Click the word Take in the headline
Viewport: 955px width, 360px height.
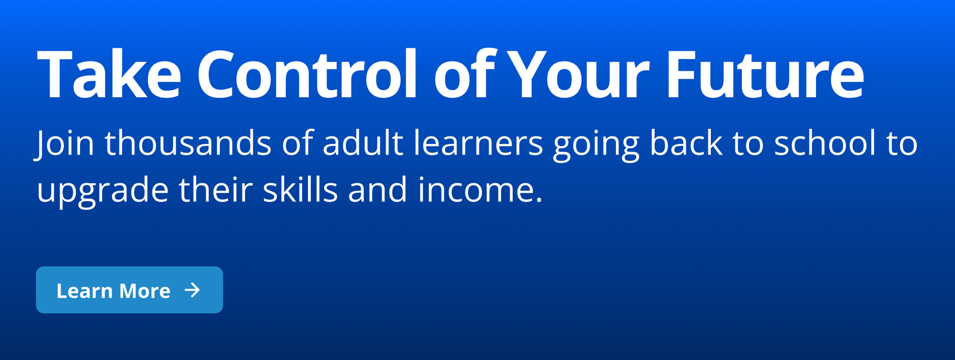109,74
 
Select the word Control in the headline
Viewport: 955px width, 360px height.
307,73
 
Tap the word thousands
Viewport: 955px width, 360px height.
188,143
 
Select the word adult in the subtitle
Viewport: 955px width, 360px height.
363,143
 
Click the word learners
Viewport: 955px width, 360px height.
478,143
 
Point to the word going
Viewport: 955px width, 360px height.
596,146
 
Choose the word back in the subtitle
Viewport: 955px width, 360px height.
686,143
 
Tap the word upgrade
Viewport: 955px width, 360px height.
103,192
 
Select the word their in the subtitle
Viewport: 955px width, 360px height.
215,189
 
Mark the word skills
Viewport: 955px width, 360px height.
301,189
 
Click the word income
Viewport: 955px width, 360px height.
480,189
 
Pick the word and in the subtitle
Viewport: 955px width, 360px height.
378,189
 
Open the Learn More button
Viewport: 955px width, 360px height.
130,290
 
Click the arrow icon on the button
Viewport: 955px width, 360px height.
192,290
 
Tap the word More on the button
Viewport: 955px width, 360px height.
145,291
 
